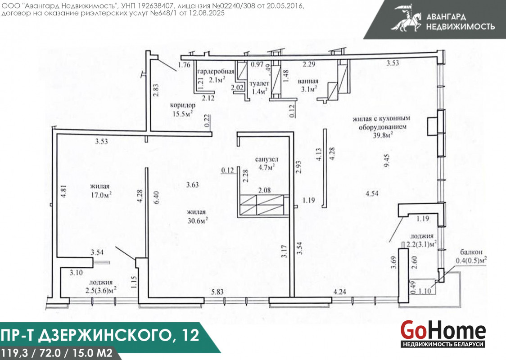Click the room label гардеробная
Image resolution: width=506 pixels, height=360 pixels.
click(x=216, y=71)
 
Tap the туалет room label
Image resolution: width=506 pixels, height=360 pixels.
click(x=259, y=84)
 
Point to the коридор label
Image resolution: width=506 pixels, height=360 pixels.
click(x=183, y=105)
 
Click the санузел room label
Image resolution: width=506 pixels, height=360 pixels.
click(x=267, y=159)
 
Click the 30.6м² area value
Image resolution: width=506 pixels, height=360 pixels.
click(x=198, y=220)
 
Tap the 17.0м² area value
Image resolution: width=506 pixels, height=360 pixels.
click(x=101, y=194)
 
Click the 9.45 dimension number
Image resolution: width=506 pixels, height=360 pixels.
click(x=387, y=160)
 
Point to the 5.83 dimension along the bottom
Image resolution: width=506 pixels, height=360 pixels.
click(x=217, y=292)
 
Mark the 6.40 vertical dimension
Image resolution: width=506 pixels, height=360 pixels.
click(x=157, y=197)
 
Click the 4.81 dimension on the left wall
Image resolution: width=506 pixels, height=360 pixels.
click(x=63, y=191)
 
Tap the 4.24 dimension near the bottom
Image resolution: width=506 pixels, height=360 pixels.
click(x=339, y=292)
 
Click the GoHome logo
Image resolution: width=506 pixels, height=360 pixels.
click(x=443, y=334)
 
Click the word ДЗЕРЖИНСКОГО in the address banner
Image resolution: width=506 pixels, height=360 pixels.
click(x=105, y=335)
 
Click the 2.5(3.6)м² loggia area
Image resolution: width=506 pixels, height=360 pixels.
click(x=101, y=290)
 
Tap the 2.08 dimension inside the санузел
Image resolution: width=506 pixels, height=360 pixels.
click(x=264, y=190)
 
